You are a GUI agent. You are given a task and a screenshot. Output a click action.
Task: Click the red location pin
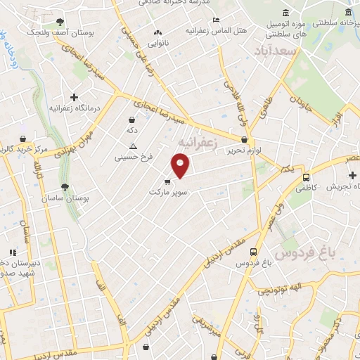(181, 166)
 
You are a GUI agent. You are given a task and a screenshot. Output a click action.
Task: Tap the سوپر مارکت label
(167, 191)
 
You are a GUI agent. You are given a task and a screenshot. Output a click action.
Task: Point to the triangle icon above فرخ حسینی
(133, 146)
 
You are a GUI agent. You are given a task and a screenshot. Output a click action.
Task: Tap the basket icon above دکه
(132, 120)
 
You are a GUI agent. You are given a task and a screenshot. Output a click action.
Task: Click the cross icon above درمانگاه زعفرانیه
(74, 96)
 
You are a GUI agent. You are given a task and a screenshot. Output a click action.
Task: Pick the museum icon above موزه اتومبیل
(285, 13)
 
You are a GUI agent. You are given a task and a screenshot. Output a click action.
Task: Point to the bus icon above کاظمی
(306, 177)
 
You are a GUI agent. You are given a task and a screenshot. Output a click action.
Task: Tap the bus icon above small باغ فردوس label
(253, 252)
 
